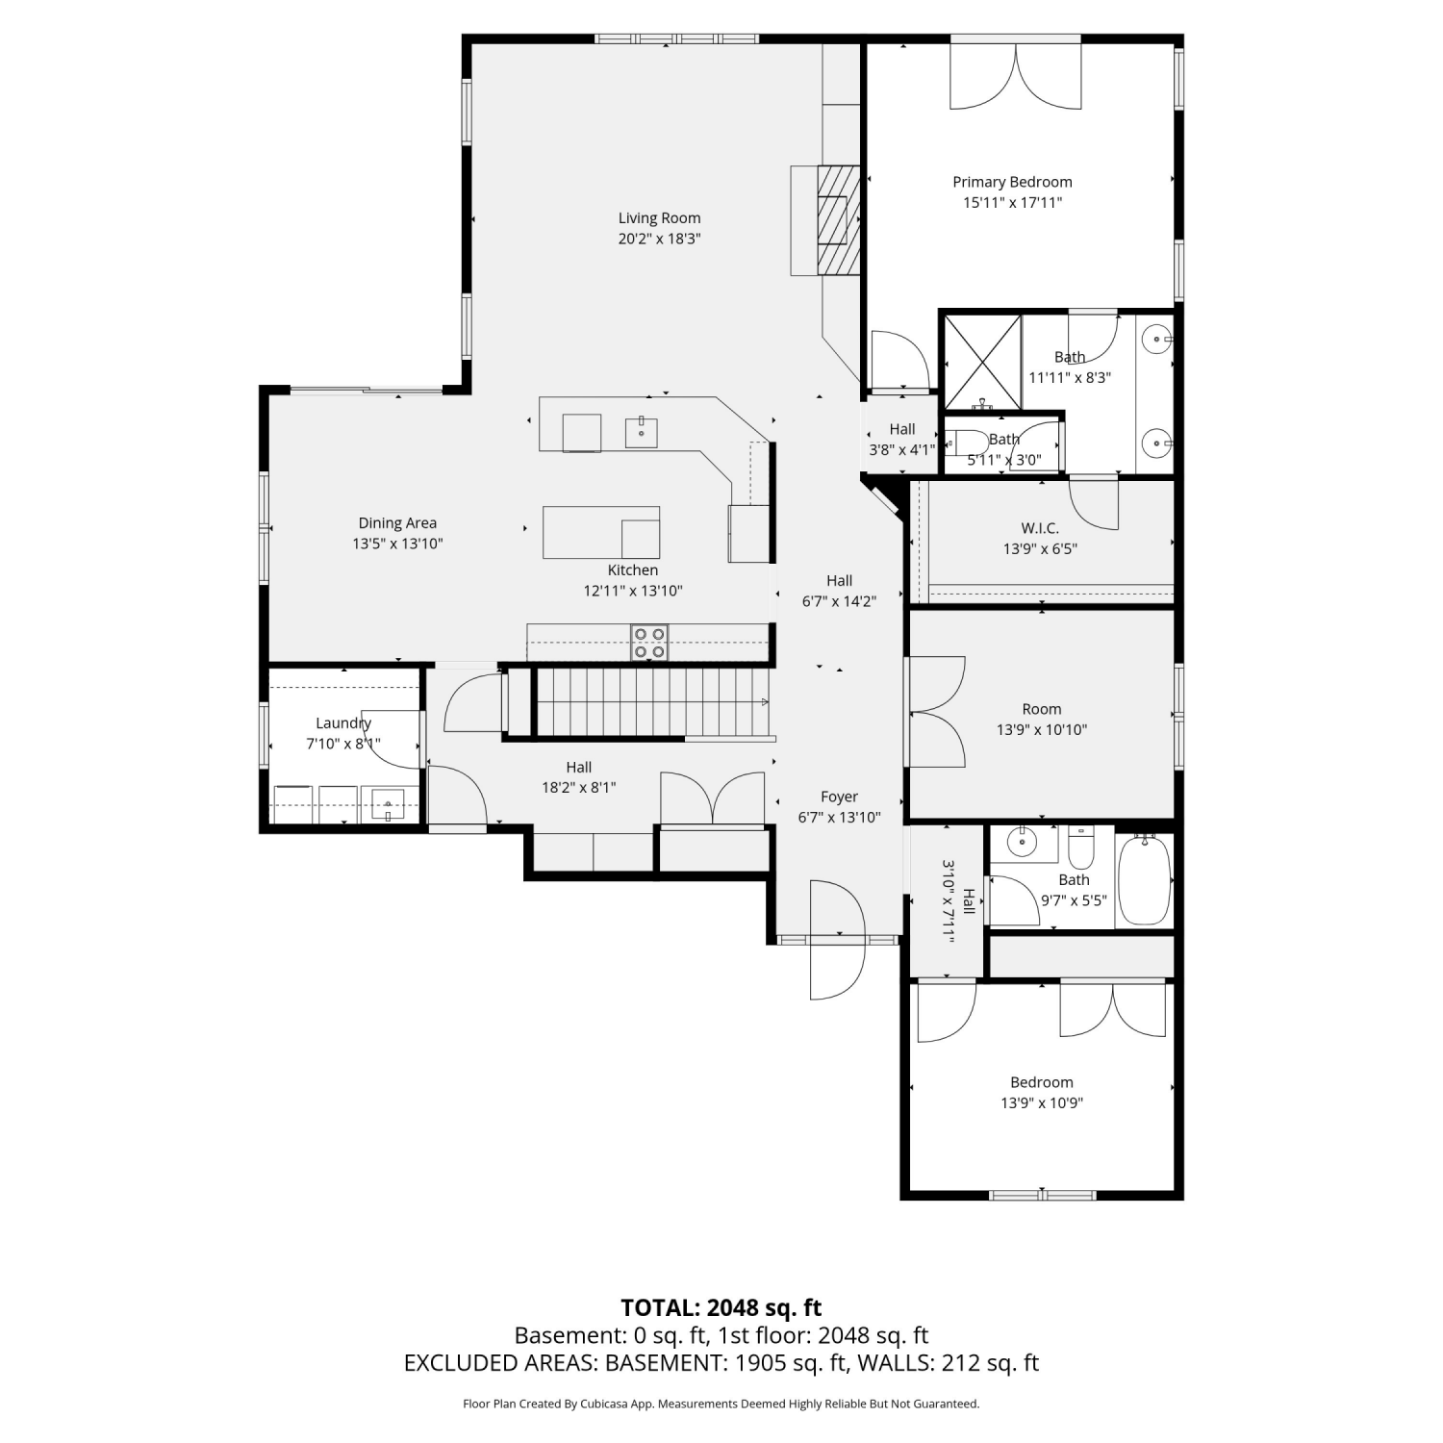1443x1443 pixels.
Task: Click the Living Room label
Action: coord(659,218)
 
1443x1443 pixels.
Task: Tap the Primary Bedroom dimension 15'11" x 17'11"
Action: coord(1012,203)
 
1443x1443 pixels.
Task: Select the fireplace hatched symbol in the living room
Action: coord(837,220)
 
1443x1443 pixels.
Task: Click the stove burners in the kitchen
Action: coord(649,643)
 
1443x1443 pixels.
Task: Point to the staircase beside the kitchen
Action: coord(653,702)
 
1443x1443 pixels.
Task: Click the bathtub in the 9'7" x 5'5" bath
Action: coord(1144,880)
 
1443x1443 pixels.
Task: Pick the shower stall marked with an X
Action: coord(981,363)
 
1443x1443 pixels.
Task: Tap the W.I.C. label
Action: coord(1040,528)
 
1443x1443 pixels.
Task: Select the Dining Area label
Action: coord(397,523)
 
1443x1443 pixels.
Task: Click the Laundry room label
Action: coord(343,723)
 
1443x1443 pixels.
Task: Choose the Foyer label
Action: coord(839,797)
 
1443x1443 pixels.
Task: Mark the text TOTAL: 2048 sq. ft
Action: coord(721,1307)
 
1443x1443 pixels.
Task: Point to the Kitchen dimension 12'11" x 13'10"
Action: coord(633,592)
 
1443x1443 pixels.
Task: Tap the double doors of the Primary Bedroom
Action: coord(1016,76)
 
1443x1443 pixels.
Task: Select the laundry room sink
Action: coord(388,804)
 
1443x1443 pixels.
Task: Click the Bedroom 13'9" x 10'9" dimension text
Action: coord(1042,1103)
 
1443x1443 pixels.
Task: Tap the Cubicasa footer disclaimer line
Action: coord(721,1405)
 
